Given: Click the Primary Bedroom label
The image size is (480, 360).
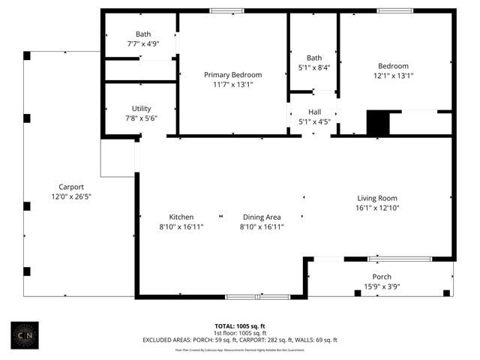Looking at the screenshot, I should click(x=233, y=75).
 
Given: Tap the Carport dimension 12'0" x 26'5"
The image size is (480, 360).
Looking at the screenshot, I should click(x=71, y=196).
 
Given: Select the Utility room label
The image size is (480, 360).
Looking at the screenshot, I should click(x=141, y=109).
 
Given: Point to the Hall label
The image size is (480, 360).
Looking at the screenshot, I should click(x=314, y=112).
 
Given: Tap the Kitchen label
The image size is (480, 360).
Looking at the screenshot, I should click(x=171, y=217).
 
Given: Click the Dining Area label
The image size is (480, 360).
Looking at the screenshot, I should click(x=261, y=217).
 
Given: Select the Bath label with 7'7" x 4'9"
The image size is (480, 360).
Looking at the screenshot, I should click(x=142, y=34).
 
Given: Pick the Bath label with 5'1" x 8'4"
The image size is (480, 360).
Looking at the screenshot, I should click(x=314, y=58).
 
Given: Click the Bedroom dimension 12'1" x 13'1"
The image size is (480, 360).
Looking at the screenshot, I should click(x=394, y=76).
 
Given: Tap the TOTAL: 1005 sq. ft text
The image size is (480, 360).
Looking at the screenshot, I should click(x=239, y=326).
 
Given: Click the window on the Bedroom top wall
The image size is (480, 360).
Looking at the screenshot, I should click(x=394, y=10).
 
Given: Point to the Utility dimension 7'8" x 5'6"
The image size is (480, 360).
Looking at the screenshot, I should click(x=141, y=118).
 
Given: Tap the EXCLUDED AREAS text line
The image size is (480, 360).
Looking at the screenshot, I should click(x=239, y=340).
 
